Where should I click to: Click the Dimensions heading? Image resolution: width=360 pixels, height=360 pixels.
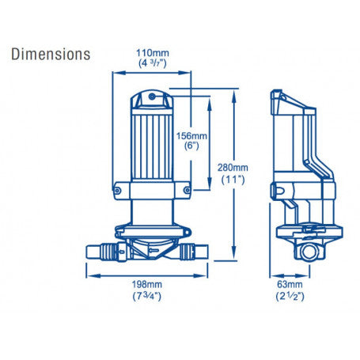[x=51, y=55]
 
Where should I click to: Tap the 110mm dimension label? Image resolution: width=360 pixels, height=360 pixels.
[x=153, y=53]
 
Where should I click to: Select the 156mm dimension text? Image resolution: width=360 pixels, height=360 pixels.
[x=191, y=136]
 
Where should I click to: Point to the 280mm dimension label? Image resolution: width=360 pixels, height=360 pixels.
[x=233, y=168]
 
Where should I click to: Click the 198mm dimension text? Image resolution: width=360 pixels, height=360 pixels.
[x=147, y=284]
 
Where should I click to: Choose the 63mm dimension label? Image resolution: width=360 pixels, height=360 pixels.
[x=290, y=284]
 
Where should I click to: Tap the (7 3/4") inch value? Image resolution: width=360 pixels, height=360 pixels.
[x=147, y=297]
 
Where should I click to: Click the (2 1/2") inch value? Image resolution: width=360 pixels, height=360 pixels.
[x=290, y=297]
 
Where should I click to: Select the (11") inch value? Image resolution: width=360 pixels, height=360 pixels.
[x=233, y=180]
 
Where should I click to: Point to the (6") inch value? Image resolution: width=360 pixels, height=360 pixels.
[x=191, y=146]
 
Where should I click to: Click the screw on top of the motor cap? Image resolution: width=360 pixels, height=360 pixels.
[x=152, y=97]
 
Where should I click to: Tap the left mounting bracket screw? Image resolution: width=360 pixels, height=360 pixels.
[x=117, y=190]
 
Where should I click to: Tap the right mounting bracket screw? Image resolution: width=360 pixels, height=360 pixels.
[x=187, y=190]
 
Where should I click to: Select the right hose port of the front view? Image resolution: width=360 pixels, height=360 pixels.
[x=194, y=252]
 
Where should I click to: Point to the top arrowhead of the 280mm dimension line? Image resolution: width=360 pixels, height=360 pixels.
[x=233, y=94]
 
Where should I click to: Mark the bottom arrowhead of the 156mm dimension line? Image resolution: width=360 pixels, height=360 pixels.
[x=210, y=184]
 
